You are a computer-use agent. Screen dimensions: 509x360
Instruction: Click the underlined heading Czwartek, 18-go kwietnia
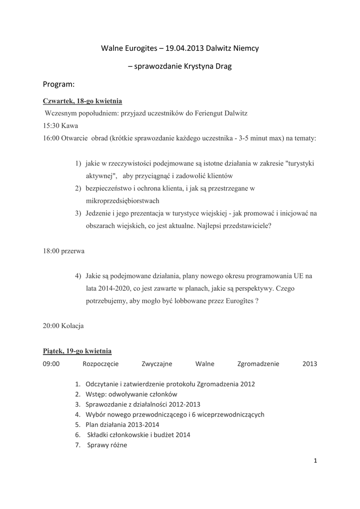(83, 101)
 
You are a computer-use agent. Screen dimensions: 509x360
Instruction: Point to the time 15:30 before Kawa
(51, 126)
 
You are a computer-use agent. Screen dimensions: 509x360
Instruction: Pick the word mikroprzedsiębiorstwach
(122, 201)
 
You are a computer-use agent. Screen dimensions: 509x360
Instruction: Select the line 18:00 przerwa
(64, 251)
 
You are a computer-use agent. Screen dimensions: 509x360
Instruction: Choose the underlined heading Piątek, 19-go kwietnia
(77, 351)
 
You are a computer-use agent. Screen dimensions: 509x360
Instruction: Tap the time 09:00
(51, 364)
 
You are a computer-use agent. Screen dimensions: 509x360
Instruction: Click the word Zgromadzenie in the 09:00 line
(259, 364)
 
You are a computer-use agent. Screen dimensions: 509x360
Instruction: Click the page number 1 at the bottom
(315, 461)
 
